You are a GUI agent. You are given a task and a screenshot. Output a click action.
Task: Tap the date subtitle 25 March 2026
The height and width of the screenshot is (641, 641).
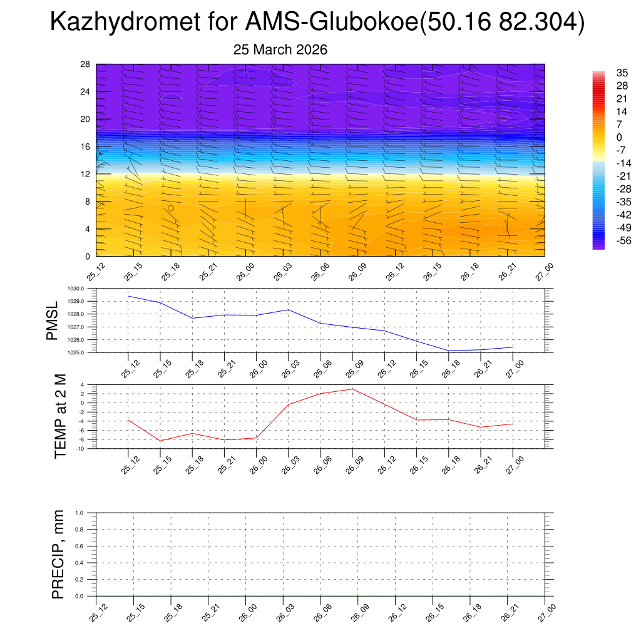280,49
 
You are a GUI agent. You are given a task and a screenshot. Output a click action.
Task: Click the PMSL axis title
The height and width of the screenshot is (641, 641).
53,320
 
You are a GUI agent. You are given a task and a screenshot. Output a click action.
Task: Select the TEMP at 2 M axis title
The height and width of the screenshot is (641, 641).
60,416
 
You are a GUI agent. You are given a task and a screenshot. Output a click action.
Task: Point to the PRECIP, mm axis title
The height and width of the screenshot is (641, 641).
58,555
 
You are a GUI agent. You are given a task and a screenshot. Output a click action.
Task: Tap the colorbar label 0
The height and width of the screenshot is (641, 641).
619,137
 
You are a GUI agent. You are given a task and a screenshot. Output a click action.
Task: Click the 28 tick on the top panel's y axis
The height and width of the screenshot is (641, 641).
85,64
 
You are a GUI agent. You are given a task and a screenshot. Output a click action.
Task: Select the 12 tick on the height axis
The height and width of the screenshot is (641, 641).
85,174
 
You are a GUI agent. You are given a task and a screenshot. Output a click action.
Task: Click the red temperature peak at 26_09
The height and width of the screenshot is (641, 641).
352,389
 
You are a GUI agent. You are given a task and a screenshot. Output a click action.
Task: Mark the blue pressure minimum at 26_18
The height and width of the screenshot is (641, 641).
449,351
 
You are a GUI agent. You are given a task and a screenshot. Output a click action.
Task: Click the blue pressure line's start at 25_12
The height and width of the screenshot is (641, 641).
128,296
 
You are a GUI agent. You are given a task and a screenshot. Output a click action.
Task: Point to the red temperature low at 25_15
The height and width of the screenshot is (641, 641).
160,441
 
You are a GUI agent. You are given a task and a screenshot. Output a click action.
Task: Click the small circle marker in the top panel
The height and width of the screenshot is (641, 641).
171,208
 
